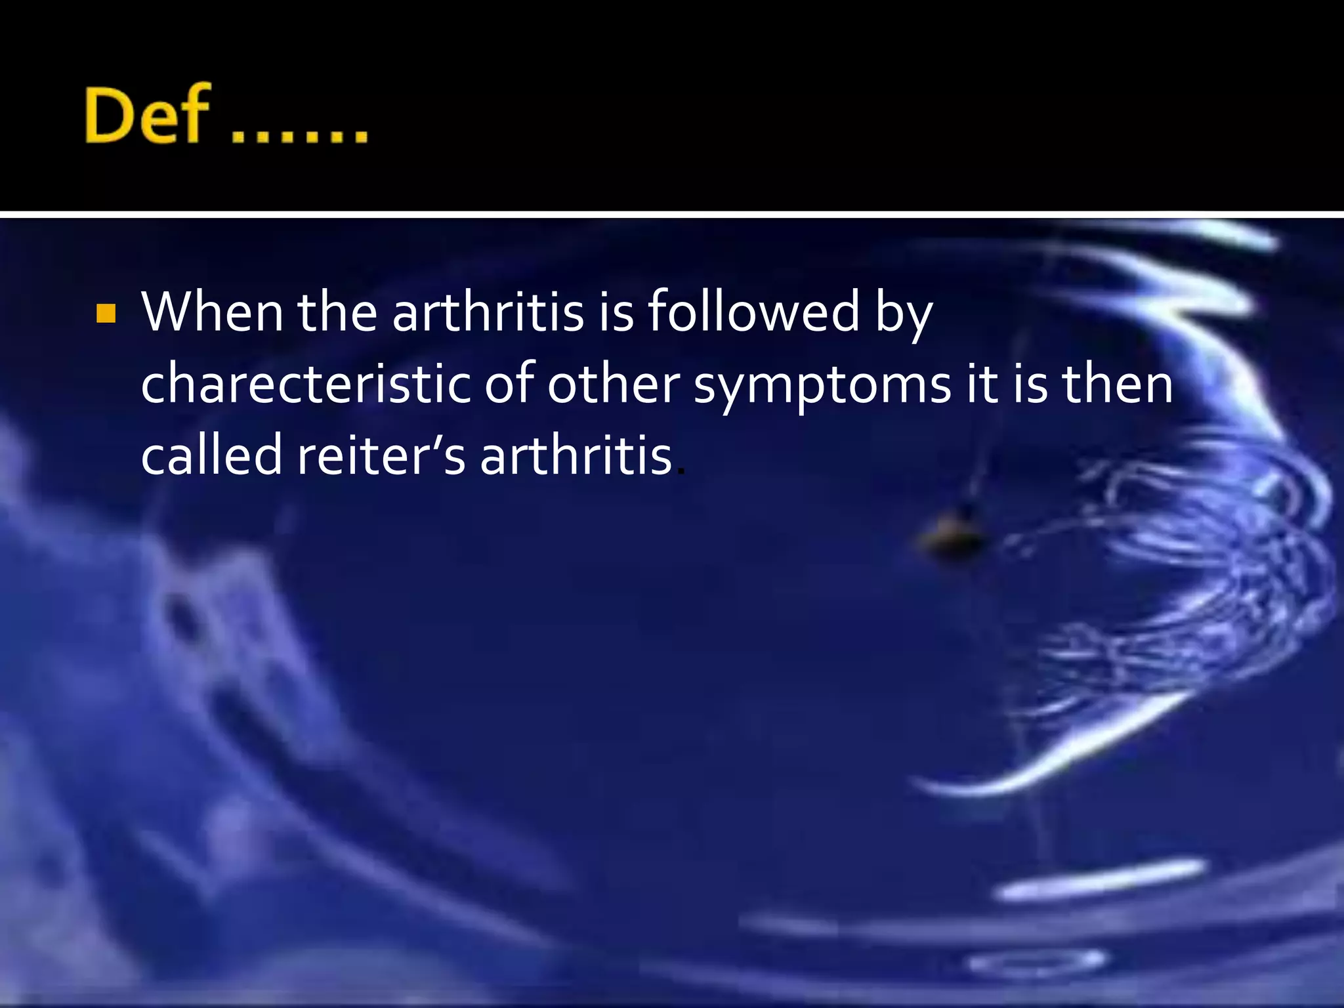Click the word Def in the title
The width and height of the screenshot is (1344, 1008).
147,115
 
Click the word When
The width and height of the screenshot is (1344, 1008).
212,312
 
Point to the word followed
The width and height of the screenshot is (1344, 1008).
753,312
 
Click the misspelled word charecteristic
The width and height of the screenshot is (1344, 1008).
306,384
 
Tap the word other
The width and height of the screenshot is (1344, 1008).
614,384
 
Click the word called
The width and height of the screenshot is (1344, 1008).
211,455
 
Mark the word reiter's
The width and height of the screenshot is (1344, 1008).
381,455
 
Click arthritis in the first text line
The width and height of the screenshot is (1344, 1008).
488,312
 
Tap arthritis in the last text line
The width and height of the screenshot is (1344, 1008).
576,455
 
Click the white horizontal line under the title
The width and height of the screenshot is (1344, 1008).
672,215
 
